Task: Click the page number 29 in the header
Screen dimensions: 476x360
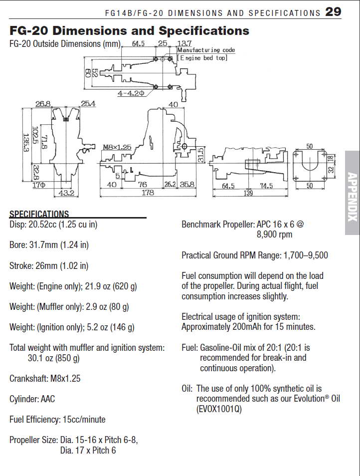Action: (x=333, y=11)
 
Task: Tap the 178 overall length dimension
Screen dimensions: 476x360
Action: (x=148, y=193)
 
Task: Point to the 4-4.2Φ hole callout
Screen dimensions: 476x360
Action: (x=131, y=93)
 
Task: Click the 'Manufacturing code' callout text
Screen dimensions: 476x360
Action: (x=206, y=50)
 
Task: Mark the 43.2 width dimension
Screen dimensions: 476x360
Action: (x=66, y=193)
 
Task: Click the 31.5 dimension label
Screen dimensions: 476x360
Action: (x=200, y=154)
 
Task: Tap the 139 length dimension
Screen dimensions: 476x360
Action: (x=248, y=193)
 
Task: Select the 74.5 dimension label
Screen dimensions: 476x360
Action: (x=266, y=186)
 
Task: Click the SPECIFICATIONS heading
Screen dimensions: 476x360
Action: (x=39, y=214)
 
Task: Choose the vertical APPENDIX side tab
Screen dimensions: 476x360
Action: (x=352, y=197)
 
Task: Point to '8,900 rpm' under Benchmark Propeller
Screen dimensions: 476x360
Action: (x=275, y=234)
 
